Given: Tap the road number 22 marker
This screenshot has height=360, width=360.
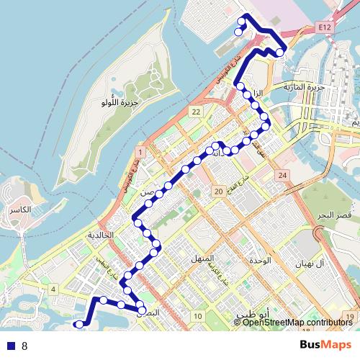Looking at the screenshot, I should click(196, 112).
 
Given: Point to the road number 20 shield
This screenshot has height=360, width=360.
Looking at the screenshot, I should click(217, 191).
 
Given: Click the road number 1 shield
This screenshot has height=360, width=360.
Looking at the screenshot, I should click(140, 151).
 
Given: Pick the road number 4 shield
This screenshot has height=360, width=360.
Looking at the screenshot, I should click(53, 289).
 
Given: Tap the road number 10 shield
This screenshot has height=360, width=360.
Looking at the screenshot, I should click(197, 316).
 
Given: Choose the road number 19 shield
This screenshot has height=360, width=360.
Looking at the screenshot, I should click(349, 316).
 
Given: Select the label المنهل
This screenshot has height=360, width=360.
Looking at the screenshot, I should click(199, 258).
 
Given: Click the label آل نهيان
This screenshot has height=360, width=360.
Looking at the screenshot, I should click(312, 264).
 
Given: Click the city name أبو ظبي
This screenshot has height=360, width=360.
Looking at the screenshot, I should click(252, 315).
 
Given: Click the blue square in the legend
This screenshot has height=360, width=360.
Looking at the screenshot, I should click(9, 345).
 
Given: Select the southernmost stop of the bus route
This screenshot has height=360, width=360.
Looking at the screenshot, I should click(78, 325).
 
